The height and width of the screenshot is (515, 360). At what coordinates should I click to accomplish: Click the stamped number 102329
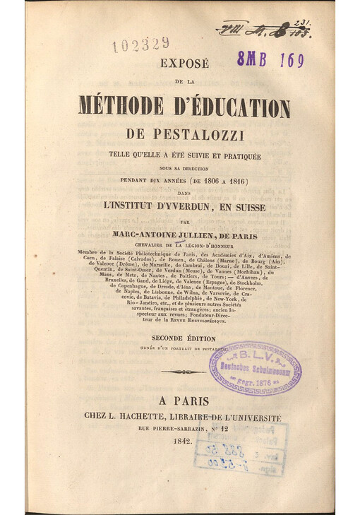click(140, 45)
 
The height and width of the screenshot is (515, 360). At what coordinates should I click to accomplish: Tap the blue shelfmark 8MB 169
click(270, 60)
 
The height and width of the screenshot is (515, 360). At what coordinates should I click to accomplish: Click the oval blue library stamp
click(255, 368)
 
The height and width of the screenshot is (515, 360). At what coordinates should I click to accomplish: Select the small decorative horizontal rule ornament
click(183, 372)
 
